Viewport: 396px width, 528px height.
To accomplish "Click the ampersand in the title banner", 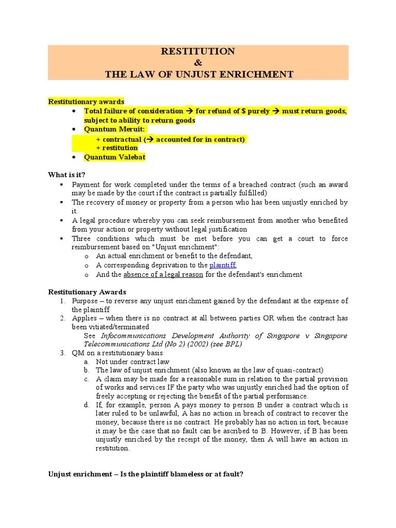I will click(x=198, y=63).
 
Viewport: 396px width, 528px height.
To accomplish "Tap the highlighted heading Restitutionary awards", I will click(x=86, y=102).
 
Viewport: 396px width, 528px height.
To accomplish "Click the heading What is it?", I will click(x=67, y=175).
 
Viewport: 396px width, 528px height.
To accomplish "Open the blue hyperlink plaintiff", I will click(x=222, y=265).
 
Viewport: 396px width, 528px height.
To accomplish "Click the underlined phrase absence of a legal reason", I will click(x=163, y=274).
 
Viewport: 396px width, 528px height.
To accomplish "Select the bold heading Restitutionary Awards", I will click(x=87, y=292).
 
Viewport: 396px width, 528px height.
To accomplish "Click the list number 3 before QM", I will click(x=62, y=353).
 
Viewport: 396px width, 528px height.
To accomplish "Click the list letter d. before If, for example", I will click(x=87, y=405).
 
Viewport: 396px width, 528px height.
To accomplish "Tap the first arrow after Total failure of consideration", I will click(x=189, y=111).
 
